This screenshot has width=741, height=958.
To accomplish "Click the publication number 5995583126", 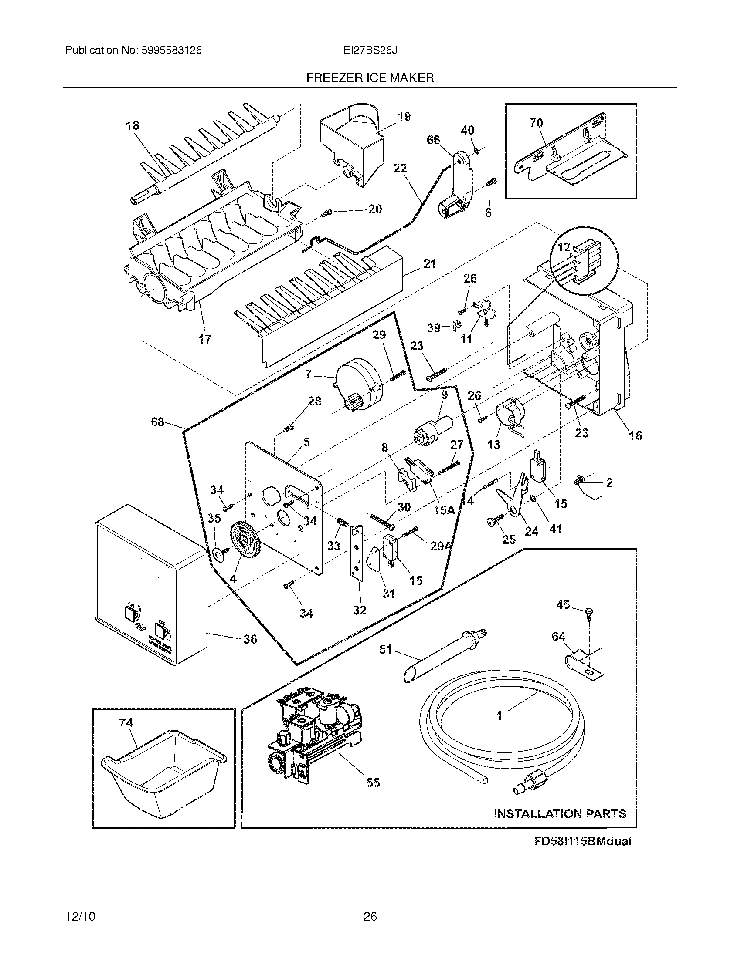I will pyautogui.click(x=171, y=51).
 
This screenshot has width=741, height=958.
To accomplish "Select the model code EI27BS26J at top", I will pyautogui.click(x=370, y=51).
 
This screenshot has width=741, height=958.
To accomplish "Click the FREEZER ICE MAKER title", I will pyautogui.click(x=370, y=78).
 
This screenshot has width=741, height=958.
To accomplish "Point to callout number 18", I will pyautogui.click(x=133, y=125).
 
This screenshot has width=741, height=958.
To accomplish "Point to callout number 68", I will pyautogui.click(x=157, y=422).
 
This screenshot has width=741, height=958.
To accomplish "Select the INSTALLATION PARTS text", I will pyautogui.click(x=560, y=814).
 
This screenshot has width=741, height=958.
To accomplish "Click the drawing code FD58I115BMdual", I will pyautogui.click(x=582, y=841).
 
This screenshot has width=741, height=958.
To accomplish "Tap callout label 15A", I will pyautogui.click(x=444, y=510).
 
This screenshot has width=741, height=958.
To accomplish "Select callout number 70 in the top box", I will pyautogui.click(x=537, y=123).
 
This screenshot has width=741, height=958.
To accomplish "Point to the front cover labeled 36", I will pyautogui.click(x=149, y=584).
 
